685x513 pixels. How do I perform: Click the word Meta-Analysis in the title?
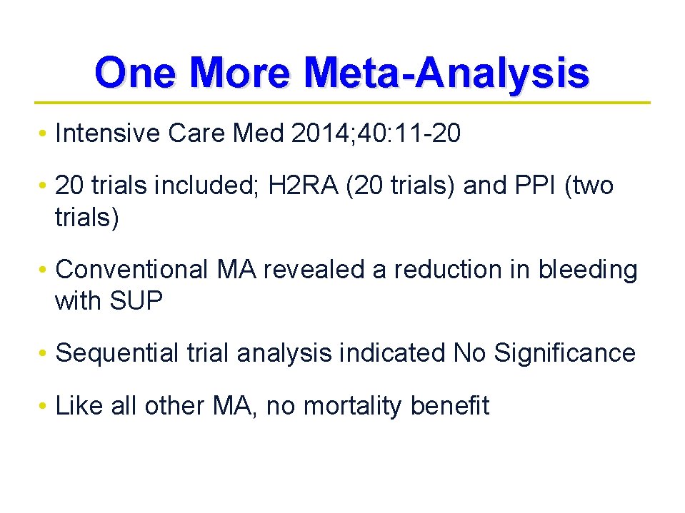coord(446,73)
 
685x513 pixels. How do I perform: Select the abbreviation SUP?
coord(136,301)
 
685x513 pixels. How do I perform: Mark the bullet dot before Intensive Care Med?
coord(44,135)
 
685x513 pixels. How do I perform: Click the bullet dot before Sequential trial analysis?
coord(44,354)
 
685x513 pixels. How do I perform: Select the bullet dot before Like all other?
coord(44,407)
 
